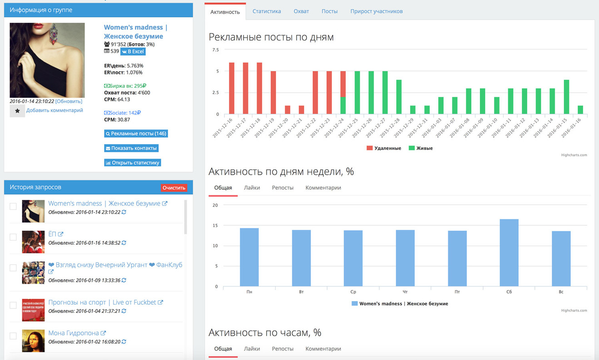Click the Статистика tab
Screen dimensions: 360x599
[267, 11]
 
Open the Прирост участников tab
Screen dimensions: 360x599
[376, 11]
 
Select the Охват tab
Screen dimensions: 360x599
[301, 11]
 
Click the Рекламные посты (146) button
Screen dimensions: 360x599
[136, 134]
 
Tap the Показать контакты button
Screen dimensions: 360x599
[131, 148]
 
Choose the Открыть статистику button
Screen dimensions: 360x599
[133, 163]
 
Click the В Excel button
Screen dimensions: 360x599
[133, 51]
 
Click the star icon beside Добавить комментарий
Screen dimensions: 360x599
[17, 111]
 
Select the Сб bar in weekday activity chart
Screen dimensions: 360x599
[509, 253]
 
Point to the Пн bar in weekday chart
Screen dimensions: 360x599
[249, 257]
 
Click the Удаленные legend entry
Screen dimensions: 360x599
[384, 148]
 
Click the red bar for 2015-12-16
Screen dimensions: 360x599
[232, 88]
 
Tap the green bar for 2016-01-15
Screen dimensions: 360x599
[566, 97]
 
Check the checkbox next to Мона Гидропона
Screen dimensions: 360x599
[13, 336]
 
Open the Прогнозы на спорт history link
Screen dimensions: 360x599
[103, 302]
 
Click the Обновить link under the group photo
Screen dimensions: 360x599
[69, 101]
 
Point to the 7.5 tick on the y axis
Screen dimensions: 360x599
[215, 50]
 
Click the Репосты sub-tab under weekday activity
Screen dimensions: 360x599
[282, 187]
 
